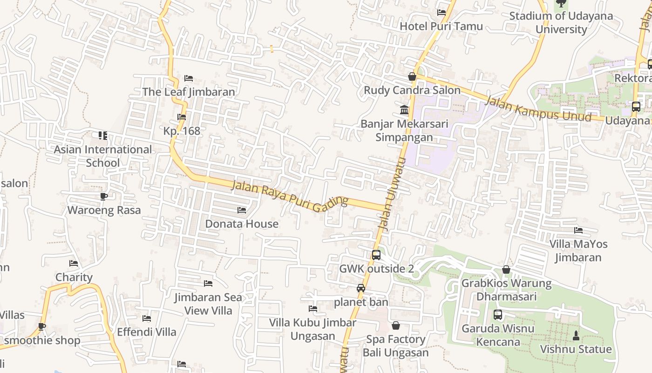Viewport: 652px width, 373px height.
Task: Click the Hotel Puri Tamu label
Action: coord(441,26)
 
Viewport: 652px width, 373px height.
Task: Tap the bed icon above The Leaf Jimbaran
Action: coord(189,78)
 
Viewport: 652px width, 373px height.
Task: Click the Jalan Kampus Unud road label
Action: coord(538,109)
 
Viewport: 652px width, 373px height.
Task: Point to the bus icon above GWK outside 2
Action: coord(376,255)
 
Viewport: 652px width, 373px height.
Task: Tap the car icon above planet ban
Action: coord(361,288)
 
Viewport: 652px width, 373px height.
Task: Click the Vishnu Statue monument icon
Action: coord(576,335)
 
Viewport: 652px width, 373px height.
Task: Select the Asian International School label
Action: coord(103,156)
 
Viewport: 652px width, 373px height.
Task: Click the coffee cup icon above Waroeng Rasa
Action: coord(104,196)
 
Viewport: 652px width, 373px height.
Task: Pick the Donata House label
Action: coord(242,224)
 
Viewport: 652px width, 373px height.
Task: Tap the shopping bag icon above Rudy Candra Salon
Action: coord(412,76)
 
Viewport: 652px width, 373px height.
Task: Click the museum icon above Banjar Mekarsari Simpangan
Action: coord(404,110)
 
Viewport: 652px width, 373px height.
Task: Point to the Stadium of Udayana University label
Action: coord(561,22)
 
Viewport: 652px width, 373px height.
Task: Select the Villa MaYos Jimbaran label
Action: coord(578,250)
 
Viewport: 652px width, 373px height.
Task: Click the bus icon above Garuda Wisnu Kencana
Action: coord(498,315)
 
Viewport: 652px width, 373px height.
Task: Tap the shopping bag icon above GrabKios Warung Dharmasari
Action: coord(506,269)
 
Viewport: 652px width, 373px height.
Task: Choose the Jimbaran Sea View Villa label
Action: coord(208,304)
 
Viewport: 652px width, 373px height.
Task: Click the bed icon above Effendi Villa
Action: coord(147,318)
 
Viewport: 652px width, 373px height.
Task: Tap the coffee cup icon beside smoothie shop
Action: coord(42,326)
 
